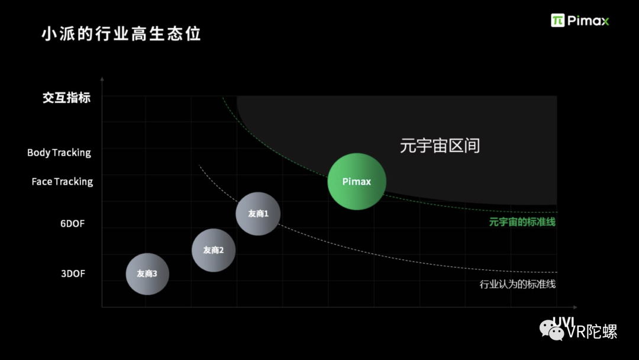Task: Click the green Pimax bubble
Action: coord(357,181)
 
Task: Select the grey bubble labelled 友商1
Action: coord(258,214)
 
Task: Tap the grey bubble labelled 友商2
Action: coord(214,250)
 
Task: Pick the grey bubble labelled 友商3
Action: coord(147,274)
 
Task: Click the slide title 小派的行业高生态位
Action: coord(121,33)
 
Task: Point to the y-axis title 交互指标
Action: coord(66,98)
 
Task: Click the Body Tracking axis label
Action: coord(59,153)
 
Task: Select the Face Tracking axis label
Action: coord(62,182)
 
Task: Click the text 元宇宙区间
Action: coord(439,146)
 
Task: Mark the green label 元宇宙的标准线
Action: coord(522,222)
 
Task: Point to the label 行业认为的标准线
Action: coord(517,284)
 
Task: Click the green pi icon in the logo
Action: coord(557,20)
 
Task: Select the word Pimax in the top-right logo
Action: coord(588,21)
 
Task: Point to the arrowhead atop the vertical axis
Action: coord(102,78)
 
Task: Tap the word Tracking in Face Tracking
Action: coord(74,182)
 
